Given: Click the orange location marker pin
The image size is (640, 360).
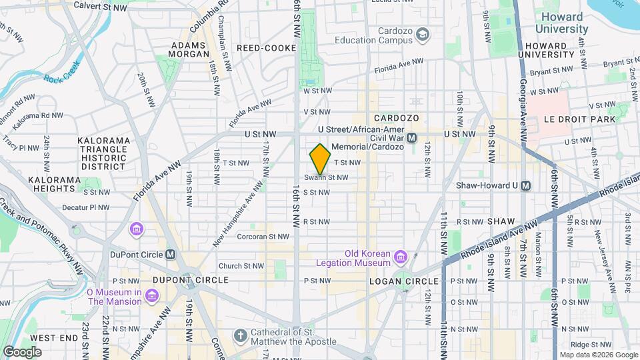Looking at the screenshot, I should click(320, 159).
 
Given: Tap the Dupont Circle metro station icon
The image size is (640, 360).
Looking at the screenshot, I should click(171, 254).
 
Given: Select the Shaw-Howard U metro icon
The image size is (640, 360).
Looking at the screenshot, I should click(526, 186).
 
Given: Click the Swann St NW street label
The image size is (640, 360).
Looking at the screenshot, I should click(327, 177).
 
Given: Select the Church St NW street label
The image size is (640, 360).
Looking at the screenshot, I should click(241, 265).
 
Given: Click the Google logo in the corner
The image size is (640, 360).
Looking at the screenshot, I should click(22, 351).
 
